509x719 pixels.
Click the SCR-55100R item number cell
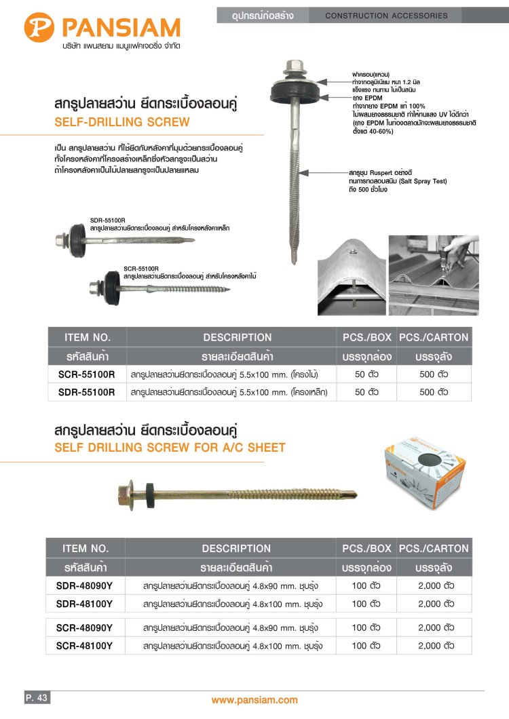[x=87, y=374]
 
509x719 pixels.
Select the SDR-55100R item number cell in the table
[x=87, y=392]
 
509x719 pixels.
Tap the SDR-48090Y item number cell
[x=85, y=585]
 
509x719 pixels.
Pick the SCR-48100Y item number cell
[x=85, y=646]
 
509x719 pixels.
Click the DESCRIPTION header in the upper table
[x=237, y=337]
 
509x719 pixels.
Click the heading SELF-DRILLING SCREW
[x=121, y=123]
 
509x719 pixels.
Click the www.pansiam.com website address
[x=254, y=700]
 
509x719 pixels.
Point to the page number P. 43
[x=36, y=698]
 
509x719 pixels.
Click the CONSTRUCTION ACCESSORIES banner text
[x=387, y=15]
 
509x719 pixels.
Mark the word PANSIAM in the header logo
[x=120, y=28]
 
